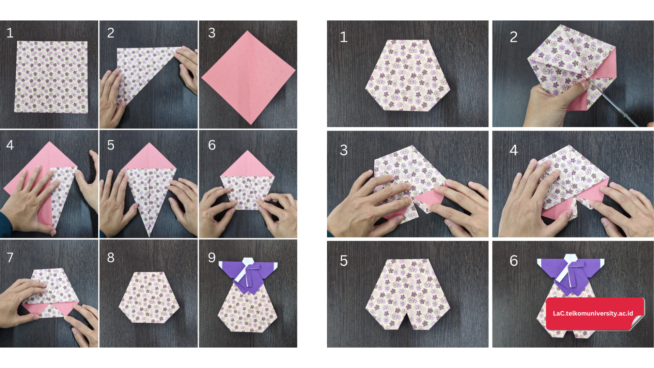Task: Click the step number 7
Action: tap(10, 257)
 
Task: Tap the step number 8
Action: tap(111, 258)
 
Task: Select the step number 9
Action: tap(212, 258)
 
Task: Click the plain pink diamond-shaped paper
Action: tap(248, 78)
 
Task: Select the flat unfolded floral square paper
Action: tap(51, 77)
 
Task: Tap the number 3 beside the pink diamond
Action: tap(212, 33)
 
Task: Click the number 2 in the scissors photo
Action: tap(514, 37)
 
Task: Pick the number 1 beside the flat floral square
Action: tap(10, 33)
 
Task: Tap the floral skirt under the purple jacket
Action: tap(248, 308)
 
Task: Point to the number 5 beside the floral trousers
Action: tap(344, 261)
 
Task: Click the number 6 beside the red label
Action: tap(514, 261)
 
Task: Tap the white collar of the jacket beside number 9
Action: tap(248, 269)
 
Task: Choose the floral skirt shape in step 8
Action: tap(149, 297)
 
